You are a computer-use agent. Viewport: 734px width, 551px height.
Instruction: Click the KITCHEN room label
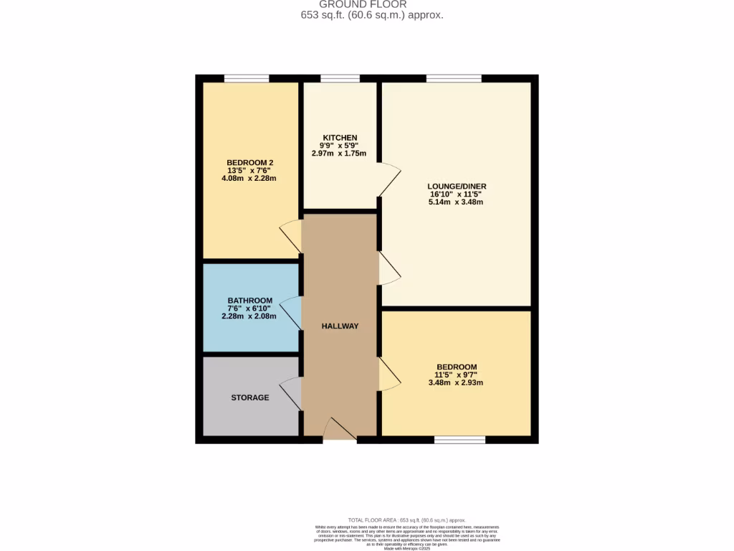(x=340, y=138)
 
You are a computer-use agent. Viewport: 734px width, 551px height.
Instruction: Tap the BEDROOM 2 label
(x=250, y=163)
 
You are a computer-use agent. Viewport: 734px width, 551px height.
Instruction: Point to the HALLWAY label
(x=340, y=326)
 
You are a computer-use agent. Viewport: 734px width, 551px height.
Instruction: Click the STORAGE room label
(x=250, y=397)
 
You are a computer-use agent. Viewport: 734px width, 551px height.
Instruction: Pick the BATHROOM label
(x=250, y=301)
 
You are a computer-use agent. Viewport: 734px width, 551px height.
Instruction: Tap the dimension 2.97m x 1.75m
(x=340, y=154)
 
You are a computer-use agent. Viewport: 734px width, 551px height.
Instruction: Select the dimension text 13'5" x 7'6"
(x=250, y=171)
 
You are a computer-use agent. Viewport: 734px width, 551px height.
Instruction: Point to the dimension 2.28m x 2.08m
(x=250, y=316)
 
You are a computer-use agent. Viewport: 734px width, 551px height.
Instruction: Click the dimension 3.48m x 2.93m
(x=455, y=383)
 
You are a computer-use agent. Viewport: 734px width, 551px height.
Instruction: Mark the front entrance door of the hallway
(x=340, y=430)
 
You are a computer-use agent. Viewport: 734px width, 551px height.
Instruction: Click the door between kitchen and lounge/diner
(x=389, y=180)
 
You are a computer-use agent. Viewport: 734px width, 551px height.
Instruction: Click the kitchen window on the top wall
(x=340, y=78)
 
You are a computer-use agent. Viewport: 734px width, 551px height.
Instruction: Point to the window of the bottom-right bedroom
(x=459, y=440)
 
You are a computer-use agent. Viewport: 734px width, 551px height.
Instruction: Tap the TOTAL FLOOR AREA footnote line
(x=406, y=520)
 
